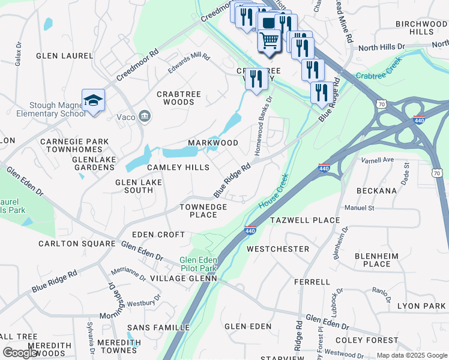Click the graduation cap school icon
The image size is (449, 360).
pos(93,100)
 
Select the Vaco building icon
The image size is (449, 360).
pos(144,116)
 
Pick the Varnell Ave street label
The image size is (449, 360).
pos(377,160)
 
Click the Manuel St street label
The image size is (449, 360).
pos(359,208)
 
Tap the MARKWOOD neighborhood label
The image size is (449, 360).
pos(213,143)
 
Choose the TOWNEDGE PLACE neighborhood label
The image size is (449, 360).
pos(203,211)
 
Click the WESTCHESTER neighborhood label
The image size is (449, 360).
pos(278,248)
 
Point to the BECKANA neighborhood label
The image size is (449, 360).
pos(376,190)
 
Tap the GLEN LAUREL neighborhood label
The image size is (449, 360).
pos(65,56)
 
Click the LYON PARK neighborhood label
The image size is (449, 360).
pos(421,306)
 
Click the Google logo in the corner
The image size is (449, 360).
pos(20,352)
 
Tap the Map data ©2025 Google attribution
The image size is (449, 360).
pos(411,355)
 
